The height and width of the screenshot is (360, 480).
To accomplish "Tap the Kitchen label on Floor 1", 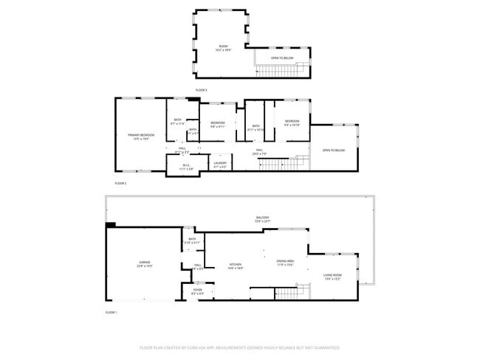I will pos(236,266).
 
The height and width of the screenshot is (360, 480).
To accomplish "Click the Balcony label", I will pos(263,219).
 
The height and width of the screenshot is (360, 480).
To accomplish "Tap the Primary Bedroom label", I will pos(140,136).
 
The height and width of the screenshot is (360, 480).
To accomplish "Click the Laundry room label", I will pos(220,165).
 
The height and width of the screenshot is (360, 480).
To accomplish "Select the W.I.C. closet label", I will pos(186,167).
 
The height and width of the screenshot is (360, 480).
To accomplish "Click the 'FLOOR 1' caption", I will pos(112,313).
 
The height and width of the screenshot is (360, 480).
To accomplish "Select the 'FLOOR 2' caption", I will pos(120,182).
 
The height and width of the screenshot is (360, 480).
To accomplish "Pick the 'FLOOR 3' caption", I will pos(202,90).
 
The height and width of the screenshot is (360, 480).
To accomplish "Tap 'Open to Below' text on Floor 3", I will pos(282,58).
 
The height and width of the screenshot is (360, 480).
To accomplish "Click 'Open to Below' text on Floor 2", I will pos(333,150).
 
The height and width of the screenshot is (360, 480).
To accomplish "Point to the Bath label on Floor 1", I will pos(192,240).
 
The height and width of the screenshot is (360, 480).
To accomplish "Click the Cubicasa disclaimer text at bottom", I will pos(240,347).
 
